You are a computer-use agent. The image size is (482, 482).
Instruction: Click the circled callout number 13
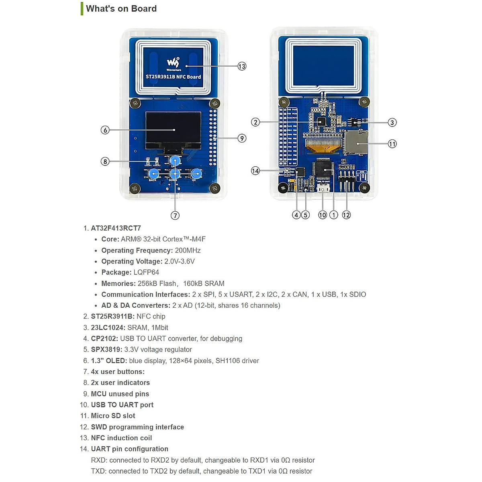coord(242,66)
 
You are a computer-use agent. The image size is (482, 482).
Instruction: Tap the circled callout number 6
coord(105,130)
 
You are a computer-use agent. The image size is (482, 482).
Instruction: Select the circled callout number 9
coord(242,138)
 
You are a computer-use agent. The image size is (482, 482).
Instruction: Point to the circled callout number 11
coord(392,143)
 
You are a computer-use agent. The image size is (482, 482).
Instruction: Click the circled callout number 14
coord(255,171)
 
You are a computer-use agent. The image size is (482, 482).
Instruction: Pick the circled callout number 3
coord(392,123)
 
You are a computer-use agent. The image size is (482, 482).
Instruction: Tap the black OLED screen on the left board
coord(173,130)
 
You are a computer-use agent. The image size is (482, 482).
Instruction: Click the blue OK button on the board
coord(196,174)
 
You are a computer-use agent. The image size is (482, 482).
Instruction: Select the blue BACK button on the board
coord(153,174)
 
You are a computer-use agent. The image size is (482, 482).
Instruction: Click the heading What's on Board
coord(121,8)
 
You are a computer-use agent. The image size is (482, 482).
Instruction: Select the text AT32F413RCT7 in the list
coord(116,228)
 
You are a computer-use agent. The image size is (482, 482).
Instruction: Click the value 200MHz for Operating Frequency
coord(188,250)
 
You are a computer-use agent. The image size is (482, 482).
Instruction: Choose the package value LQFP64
coord(146,272)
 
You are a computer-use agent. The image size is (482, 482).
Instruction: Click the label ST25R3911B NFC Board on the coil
coord(173,77)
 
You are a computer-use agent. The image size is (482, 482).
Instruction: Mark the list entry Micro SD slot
coord(113,416)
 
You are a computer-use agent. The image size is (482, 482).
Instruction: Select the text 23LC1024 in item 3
coord(108,328)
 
